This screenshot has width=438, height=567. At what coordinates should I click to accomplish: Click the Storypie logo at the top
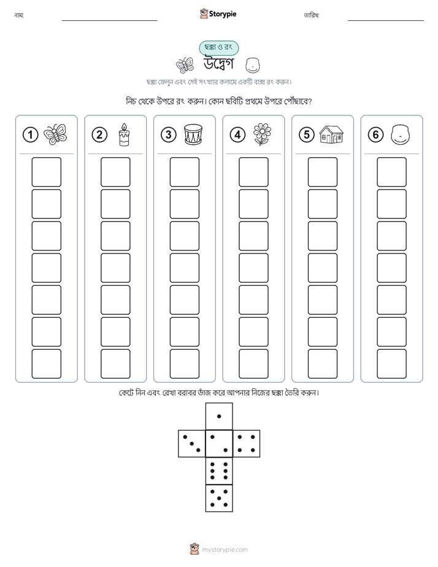click(x=218, y=14)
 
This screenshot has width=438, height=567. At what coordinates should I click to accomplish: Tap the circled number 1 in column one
click(x=30, y=135)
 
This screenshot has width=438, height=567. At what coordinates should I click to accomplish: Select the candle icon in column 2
click(x=124, y=134)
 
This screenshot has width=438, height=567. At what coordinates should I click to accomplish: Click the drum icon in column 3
click(x=193, y=134)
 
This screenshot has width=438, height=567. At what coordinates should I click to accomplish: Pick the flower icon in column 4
click(x=262, y=134)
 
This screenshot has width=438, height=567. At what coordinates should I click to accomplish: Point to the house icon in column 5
click(x=331, y=134)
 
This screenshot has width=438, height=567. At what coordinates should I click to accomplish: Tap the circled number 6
click(x=376, y=135)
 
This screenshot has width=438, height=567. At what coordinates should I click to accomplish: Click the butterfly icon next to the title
click(x=185, y=65)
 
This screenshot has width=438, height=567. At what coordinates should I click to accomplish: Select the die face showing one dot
click(x=219, y=416)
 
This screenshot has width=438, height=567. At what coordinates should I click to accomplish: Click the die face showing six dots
click(x=219, y=471)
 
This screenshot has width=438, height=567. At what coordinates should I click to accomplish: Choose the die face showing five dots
click(x=219, y=498)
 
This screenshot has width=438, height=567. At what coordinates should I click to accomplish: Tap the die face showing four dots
click(x=247, y=444)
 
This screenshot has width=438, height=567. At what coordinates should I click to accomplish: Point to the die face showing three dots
click(x=192, y=444)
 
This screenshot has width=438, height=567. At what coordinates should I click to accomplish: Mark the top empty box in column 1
click(x=46, y=172)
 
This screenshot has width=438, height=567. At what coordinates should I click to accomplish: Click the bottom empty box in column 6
click(x=391, y=364)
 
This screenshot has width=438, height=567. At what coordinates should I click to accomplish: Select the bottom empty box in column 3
click(x=184, y=364)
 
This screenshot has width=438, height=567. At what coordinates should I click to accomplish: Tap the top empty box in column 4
click(x=253, y=172)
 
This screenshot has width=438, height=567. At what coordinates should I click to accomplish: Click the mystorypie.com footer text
click(x=225, y=550)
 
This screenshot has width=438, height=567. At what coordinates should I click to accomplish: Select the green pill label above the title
click(x=218, y=48)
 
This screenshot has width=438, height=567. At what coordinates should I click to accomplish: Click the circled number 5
click(x=307, y=135)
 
